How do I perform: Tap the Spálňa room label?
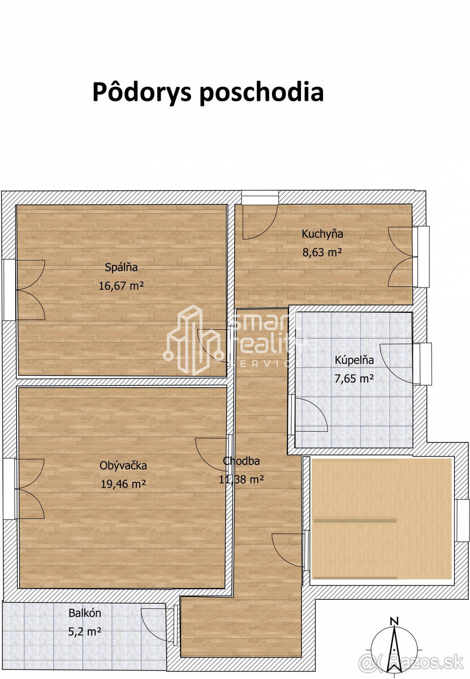tap(121, 268)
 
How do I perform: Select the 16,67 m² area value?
tap(121, 286)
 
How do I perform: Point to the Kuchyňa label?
tap(322, 234)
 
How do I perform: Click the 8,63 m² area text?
tap(322, 252)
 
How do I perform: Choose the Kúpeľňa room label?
tap(354, 360)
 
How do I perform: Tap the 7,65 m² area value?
tap(354, 379)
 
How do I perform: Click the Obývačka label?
tap(123, 466)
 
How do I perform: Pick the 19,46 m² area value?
tap(123, 484)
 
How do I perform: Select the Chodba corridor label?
tap(242, 461)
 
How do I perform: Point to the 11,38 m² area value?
tap(242, 480)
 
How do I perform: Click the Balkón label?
tap(85, 613)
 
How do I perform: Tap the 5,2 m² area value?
tap(85, 631)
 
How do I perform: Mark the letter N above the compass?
tap(395, 620)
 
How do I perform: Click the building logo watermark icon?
tap(193, 339)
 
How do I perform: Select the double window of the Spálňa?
tap(10, 290)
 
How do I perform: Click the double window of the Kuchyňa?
tap(422, 256)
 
